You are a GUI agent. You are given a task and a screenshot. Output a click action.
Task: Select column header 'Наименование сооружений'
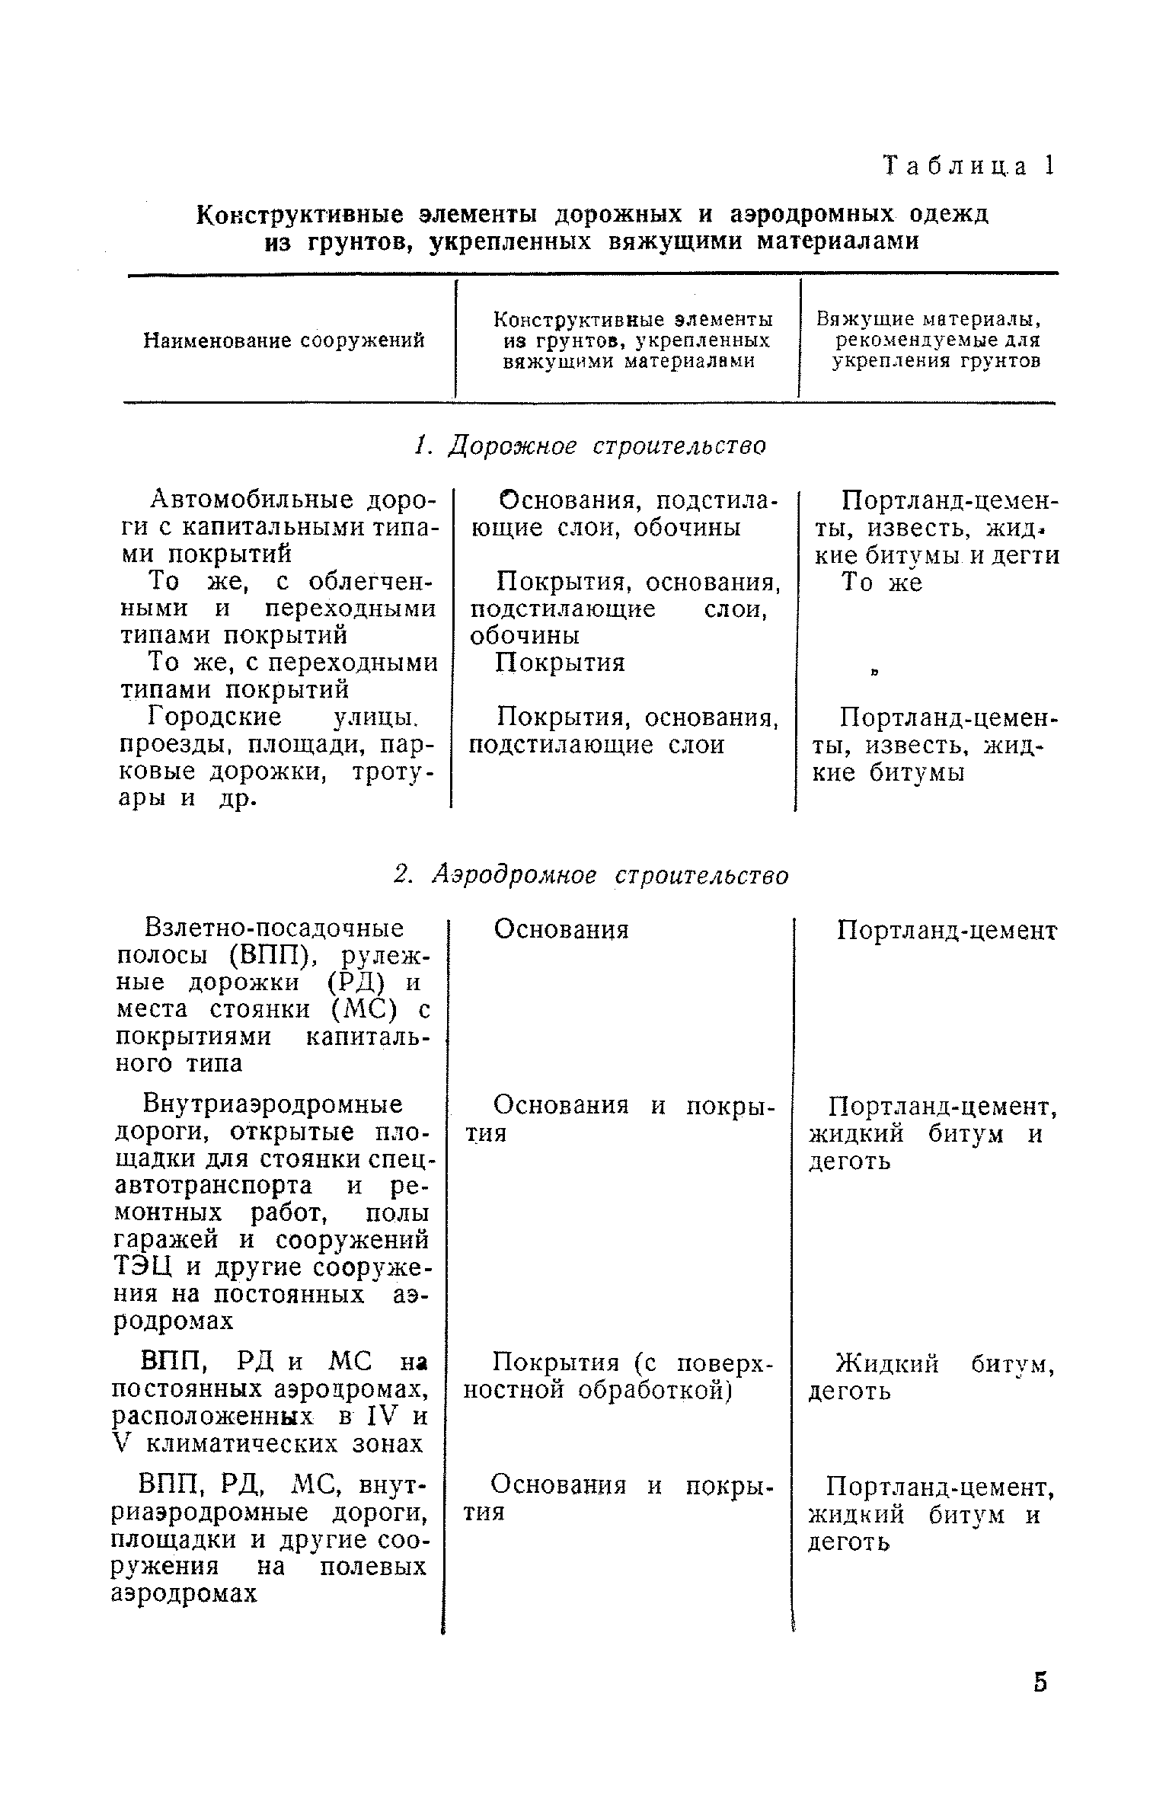click(284, 340)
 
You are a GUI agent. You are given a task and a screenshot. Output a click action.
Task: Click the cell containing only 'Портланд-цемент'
click(947, 931)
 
